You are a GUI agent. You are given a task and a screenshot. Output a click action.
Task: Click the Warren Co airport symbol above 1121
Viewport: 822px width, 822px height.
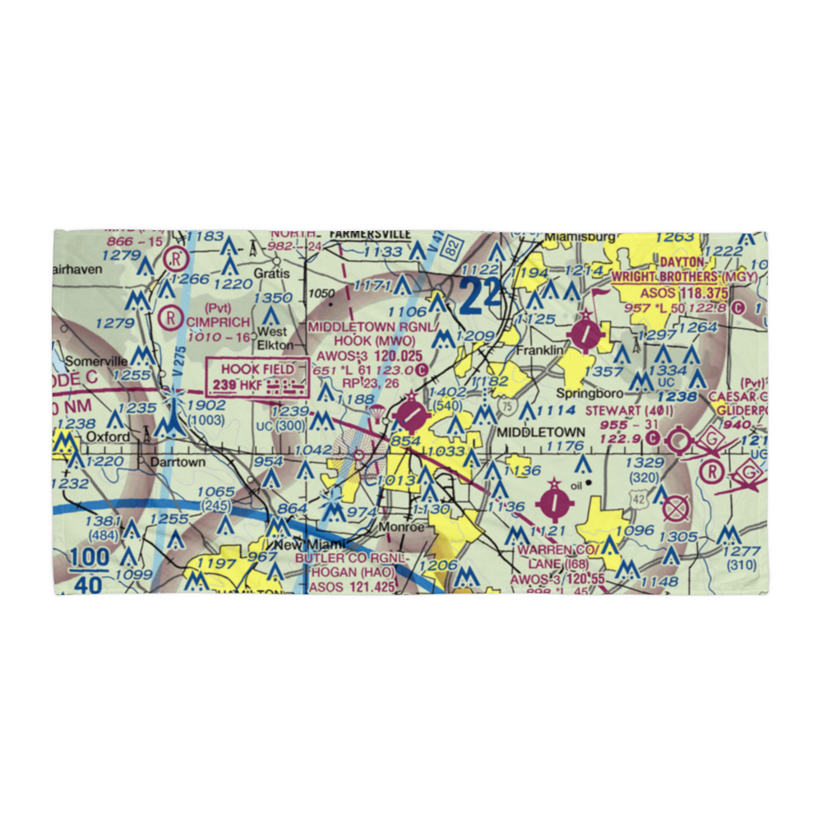coord(556,500)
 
